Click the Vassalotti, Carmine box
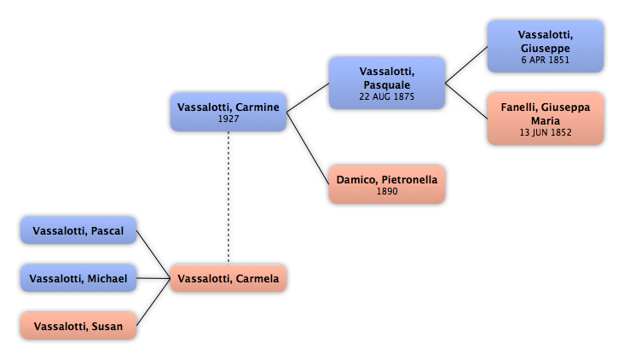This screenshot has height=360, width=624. pos(228,113)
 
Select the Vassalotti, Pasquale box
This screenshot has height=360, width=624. pos(387,83)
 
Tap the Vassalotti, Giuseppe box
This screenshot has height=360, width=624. pos(546,47)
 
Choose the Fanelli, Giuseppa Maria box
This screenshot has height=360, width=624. pos(546,119)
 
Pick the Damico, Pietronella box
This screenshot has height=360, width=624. pos(387,184)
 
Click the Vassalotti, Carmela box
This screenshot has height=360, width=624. pos(228,278)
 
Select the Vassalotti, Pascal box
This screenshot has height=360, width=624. pos(78,230)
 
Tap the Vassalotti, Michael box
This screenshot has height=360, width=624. pos(78,278)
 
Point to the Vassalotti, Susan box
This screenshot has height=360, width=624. pos(78,326)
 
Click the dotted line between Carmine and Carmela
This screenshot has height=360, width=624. pos(228,198)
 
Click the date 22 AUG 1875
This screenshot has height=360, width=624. pos(387,96)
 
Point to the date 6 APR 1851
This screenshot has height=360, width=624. pos(546,60)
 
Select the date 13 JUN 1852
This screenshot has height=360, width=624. pos(546,132)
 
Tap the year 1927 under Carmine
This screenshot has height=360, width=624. pos(228,119)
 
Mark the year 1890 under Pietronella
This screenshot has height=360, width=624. pos(387,191)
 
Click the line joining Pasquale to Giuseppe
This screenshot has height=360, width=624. pos(466,65)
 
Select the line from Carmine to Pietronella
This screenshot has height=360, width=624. pos(308,148)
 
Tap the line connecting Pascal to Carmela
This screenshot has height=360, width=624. pos(153,254)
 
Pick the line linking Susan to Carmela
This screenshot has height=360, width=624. pos(153,302)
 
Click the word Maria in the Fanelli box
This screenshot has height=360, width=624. pos(546,120)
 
